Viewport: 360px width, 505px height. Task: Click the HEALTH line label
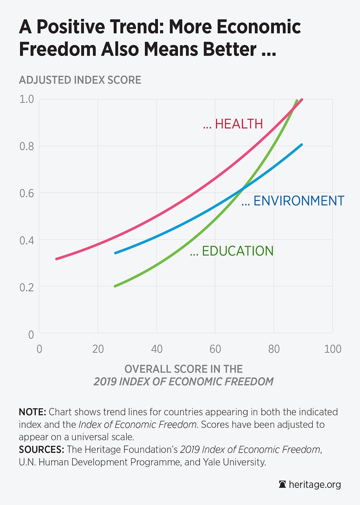coord(233,124)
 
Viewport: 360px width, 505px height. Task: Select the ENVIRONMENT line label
coord(293,201)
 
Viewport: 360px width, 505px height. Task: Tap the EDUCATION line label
coord(232,251)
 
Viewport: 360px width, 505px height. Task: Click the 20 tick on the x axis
coord(98,349)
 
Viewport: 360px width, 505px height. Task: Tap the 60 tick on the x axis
coord(215,349)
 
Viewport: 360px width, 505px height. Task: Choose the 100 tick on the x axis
coord(332,349)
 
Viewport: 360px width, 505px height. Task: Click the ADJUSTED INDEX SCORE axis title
coord(80,80)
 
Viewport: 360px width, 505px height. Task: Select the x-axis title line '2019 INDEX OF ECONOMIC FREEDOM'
coord(184,381)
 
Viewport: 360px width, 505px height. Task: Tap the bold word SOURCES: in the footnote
coord(41,449)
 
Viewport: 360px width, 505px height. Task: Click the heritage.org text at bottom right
coord(314,485)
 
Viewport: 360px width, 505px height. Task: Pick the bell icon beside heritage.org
coord(282,485)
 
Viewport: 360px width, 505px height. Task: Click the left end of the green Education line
coord(115,286)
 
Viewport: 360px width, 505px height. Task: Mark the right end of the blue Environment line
coord(302,144)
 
